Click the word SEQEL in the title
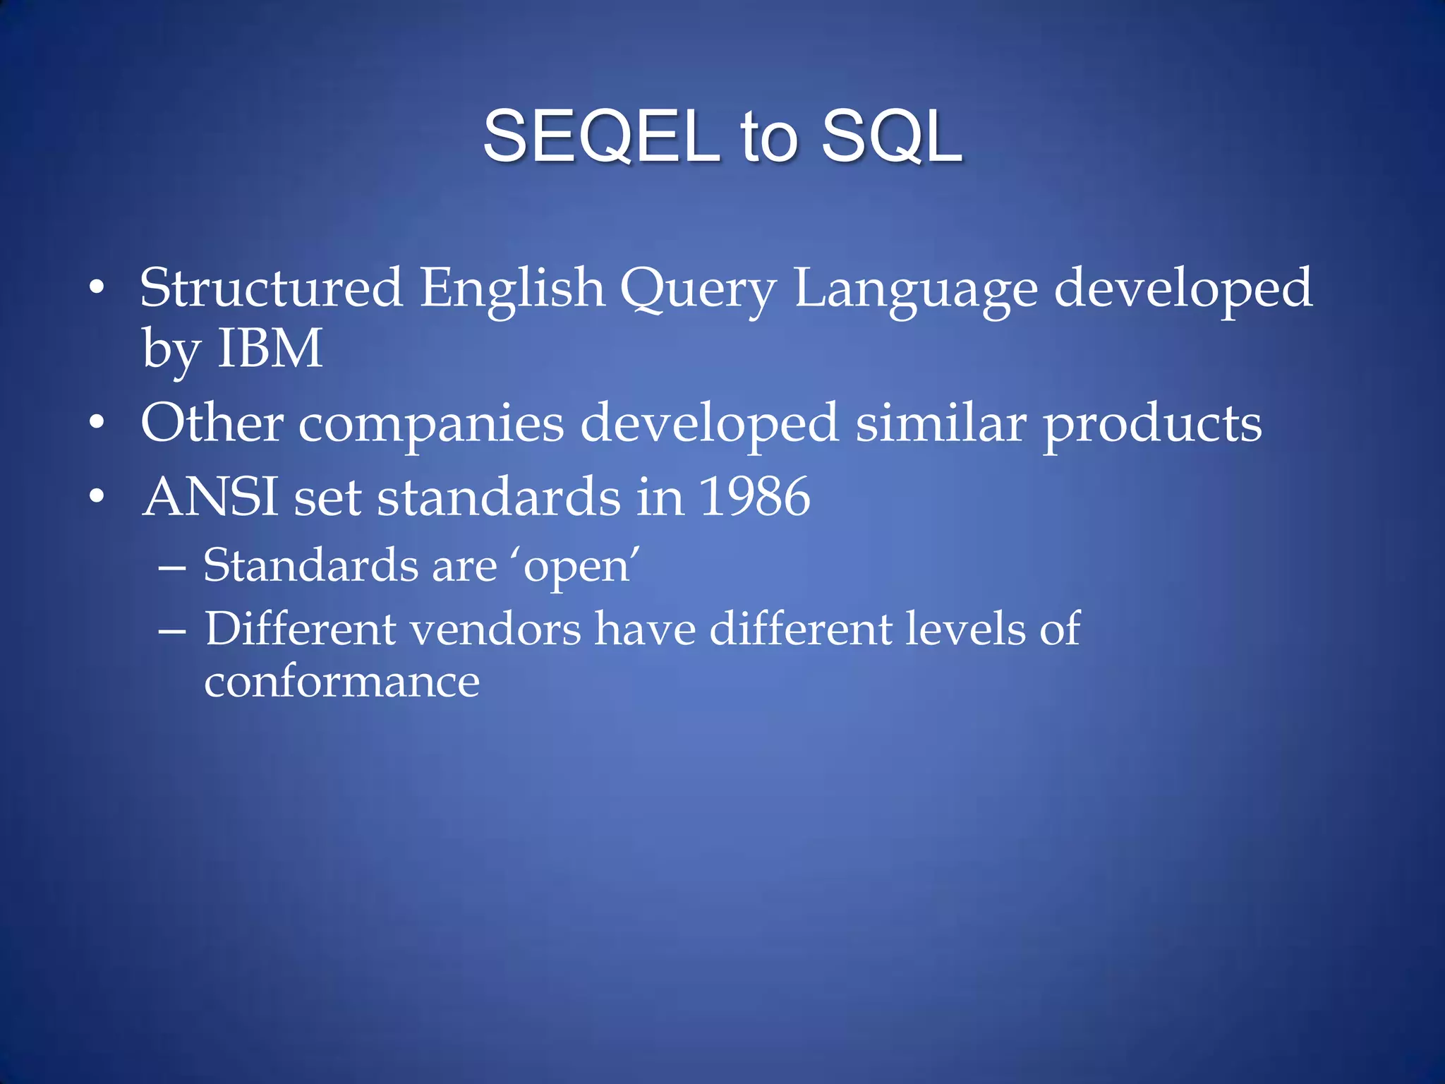click(600, 136)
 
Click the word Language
click(915, 289)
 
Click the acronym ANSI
click(210, 496)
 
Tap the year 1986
click(754, 496)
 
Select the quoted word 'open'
click(579, 567)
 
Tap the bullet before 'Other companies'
click(97, 423)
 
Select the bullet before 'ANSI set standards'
click(97, 497)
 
